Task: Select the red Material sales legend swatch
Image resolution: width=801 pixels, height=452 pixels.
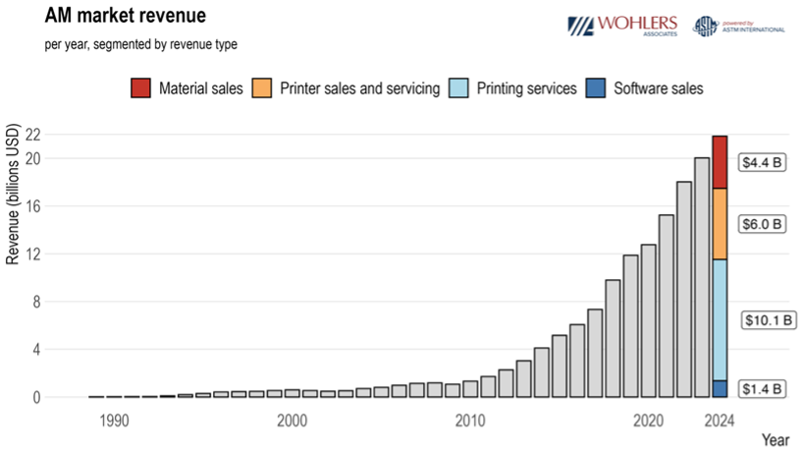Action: point(140,88)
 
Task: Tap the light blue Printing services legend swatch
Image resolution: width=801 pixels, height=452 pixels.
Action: point(460,88)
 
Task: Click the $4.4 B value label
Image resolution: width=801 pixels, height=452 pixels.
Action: point(763,162)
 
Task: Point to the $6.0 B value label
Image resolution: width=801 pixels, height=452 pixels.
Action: point(763,224)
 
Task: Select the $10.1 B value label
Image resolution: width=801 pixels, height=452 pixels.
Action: point(767,320)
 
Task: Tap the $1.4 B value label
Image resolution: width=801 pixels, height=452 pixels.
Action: point(763,389)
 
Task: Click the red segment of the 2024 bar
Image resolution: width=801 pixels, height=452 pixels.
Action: point(720,162)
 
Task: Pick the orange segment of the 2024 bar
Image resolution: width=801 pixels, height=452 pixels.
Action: point(720,224)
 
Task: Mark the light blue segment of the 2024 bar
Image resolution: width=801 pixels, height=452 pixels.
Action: point(720,319)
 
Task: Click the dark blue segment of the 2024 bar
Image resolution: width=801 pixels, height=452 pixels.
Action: point(720,389)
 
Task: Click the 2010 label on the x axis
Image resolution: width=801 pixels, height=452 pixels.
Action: point(470,421)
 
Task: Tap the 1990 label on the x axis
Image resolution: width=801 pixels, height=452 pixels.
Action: point(113,421)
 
